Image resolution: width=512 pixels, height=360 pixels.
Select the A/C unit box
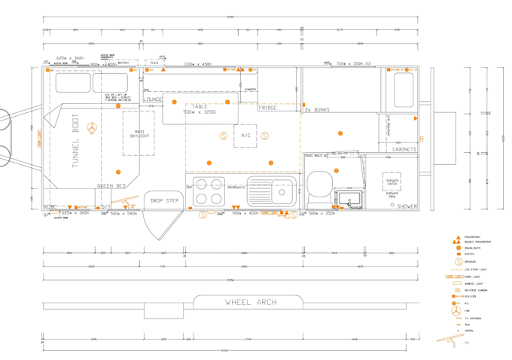[245, 136]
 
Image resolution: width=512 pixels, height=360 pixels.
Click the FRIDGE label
[267, 108]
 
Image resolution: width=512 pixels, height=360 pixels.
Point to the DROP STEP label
[165, 201]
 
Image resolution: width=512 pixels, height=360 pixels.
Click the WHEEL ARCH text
[251, 303]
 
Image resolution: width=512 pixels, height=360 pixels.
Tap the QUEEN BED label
[111, 185]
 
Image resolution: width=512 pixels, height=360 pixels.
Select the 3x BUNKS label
[317, 110]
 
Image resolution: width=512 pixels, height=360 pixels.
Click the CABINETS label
[404, 150]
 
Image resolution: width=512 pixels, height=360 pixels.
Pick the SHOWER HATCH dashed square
[392, 182]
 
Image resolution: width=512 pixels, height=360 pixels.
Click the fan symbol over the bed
[92, 128]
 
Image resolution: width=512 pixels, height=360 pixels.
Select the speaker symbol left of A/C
[224, 136]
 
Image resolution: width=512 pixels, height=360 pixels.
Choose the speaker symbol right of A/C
[265, 136]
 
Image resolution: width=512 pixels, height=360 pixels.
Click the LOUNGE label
[153, 99]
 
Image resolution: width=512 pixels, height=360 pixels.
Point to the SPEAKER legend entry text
[470, 261]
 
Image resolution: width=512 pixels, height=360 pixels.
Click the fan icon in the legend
[456, 310]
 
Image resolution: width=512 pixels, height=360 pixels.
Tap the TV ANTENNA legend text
[473, 318]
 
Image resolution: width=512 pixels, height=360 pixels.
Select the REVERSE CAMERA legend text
[475, 290]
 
